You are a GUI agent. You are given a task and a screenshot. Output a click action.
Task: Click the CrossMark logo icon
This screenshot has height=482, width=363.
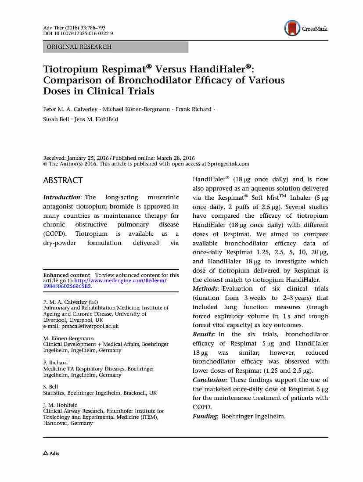tap(291, 29)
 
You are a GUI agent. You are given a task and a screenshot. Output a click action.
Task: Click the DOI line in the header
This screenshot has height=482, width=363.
tap(78, 33)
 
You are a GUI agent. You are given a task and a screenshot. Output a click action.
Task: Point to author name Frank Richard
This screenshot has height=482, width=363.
tap(194, 109)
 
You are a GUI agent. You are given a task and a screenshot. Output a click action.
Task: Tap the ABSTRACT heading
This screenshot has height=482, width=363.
tap(63, 180)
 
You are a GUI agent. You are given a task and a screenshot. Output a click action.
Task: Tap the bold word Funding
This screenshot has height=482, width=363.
tap(205, 416)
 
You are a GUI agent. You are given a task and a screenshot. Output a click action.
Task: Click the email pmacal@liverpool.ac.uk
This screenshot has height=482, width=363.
tap(81, 326)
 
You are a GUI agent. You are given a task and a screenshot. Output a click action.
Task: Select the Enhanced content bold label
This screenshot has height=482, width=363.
tap(66, 275)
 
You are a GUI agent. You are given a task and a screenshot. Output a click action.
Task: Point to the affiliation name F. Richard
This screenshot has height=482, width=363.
tap(55, 363)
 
